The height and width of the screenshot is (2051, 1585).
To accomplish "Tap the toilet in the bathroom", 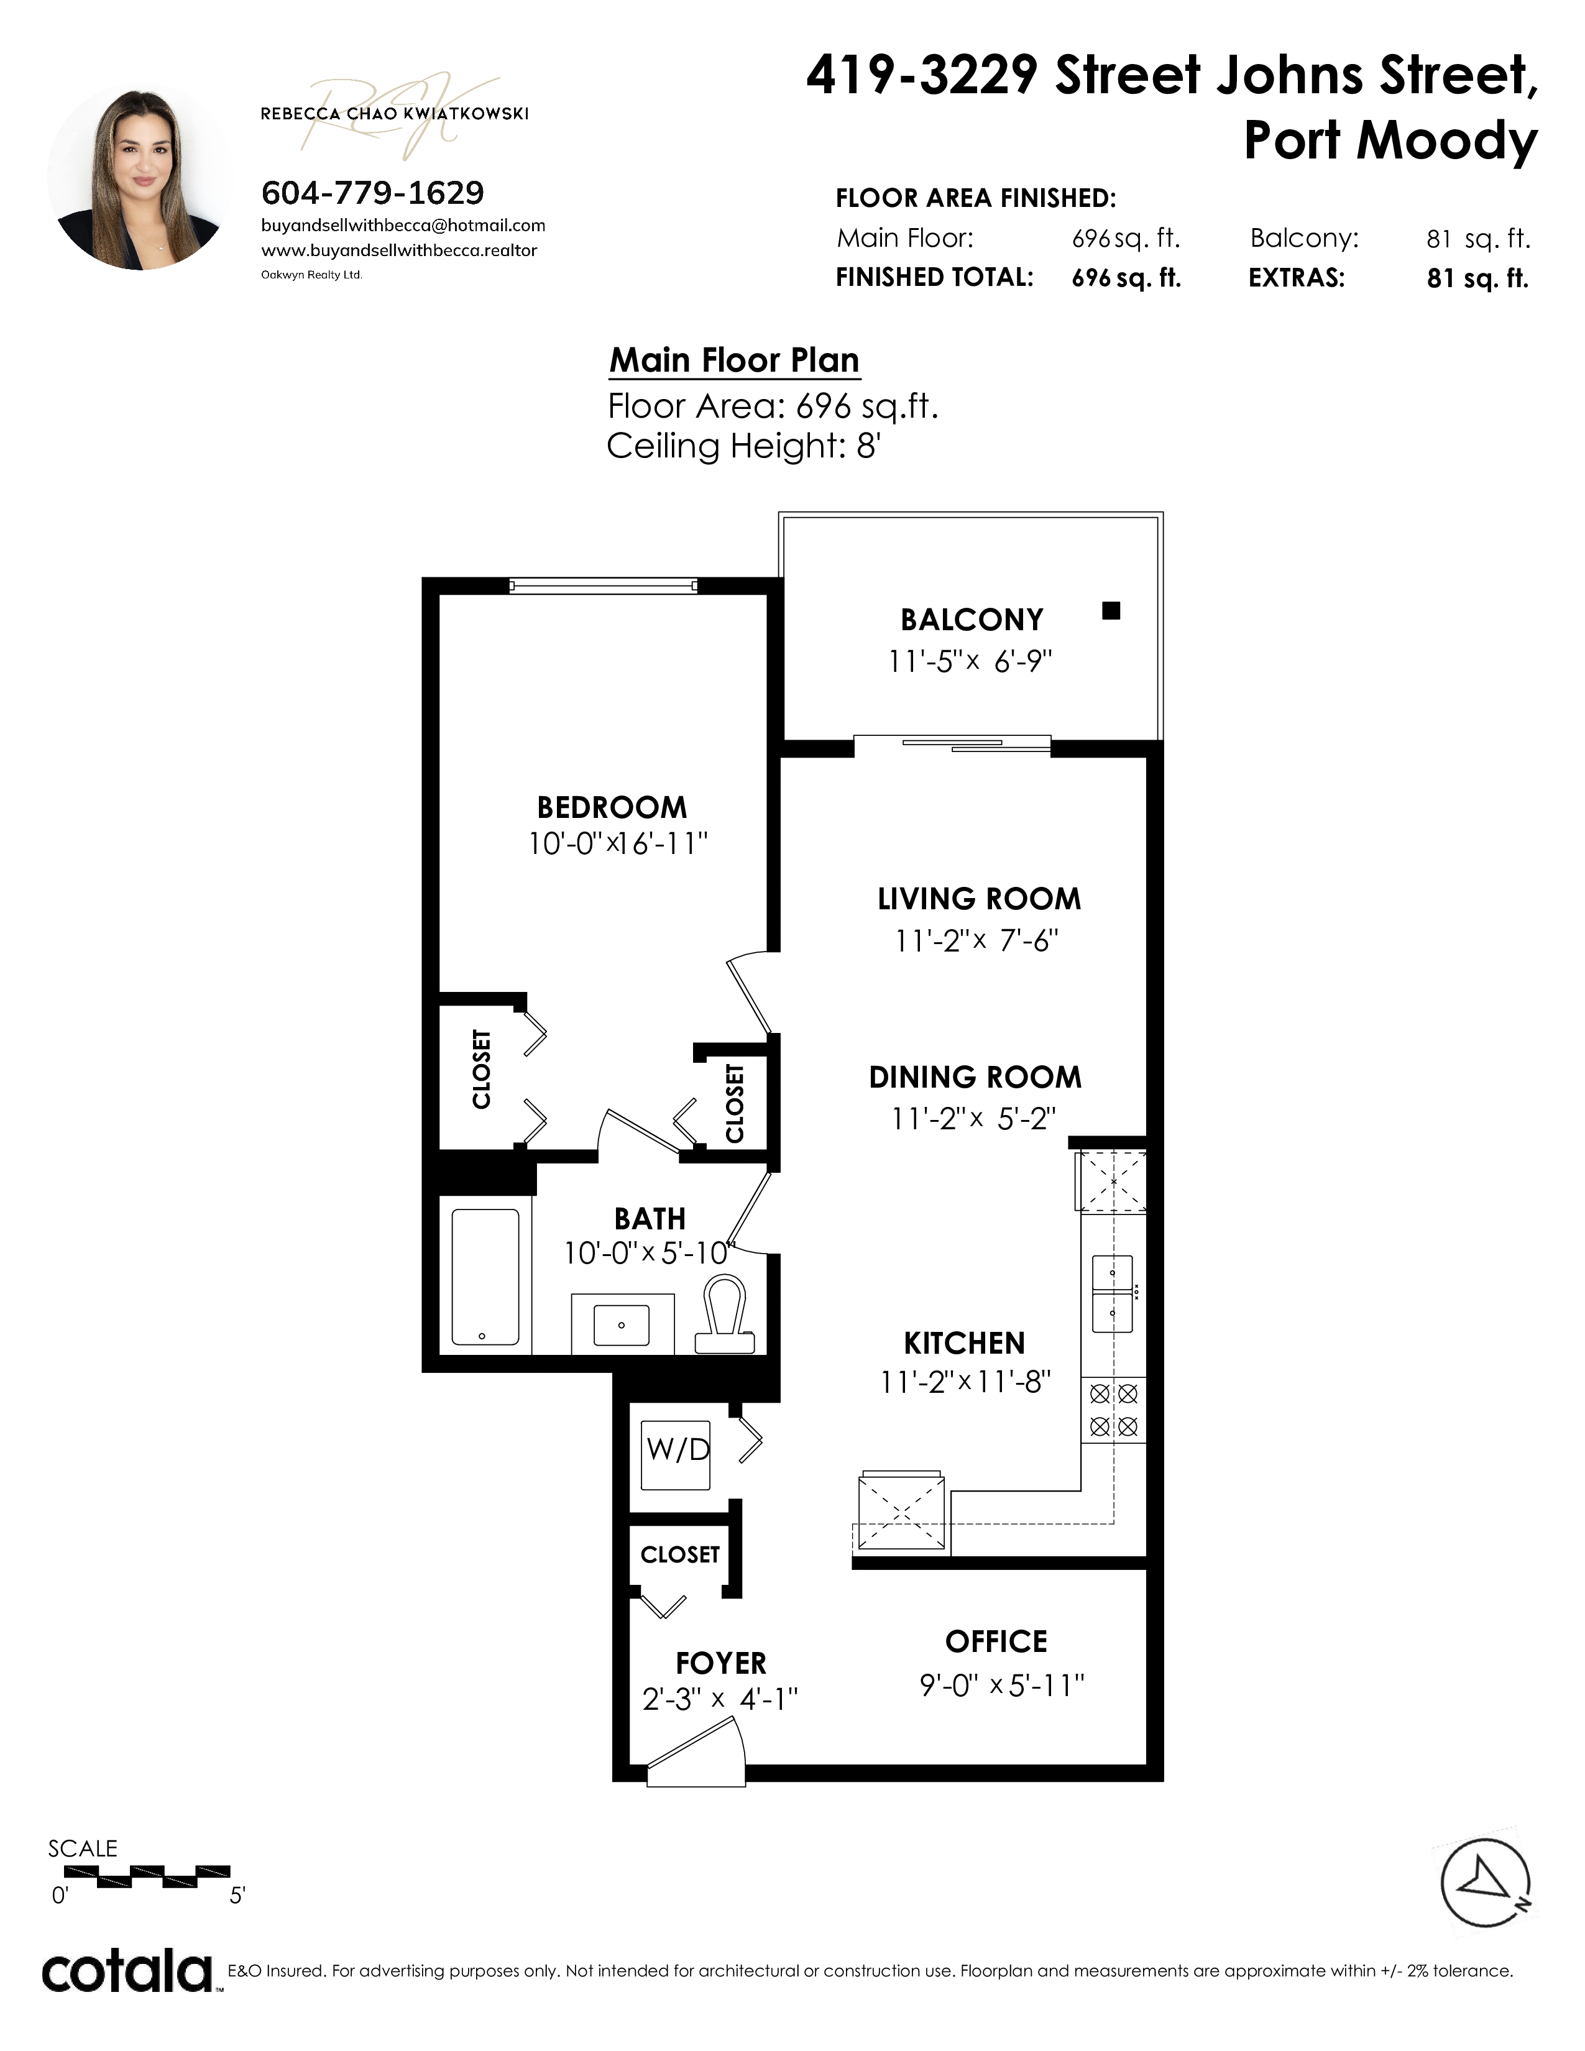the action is tap(725, 1315).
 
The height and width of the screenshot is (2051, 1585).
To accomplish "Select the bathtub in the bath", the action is tap(485, 1277).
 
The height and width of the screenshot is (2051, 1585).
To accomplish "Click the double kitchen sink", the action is tap(1113, 1293).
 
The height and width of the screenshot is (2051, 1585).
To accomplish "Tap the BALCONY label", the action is tap(972, 620).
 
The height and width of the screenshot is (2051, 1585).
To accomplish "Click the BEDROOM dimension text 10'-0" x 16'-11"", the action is tap(618, 843).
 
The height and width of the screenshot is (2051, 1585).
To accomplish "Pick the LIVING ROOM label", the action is tap(980, 899).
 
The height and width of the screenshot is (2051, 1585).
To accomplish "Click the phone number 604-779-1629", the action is tap(373, 193).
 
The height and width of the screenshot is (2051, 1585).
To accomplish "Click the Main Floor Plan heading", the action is tap(734, 360).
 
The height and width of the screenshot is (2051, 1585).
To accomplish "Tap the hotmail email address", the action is tap(403, 226).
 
